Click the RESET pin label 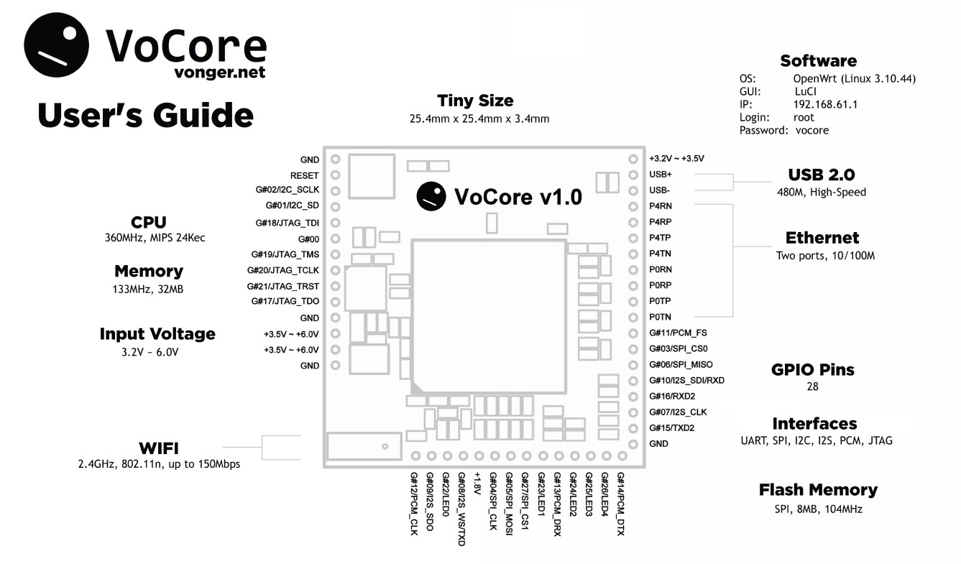tap(304, 175)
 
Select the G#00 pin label tap(308, 239)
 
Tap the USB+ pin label tap(661, 175)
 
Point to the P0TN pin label tap(661, 317)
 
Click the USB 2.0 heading tap(821, 175)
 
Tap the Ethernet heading tap(822, 238)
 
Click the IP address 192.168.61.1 tap(825, 104)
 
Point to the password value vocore tap(812, 130)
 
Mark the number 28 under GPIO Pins tap(813, 387)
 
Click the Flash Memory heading tap(818, 490)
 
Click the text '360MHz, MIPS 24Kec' tap(155, 238)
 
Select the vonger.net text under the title tap(209, 72)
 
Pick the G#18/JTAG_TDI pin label tap(287, 223)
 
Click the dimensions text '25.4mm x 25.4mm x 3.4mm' tap(475, 119)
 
